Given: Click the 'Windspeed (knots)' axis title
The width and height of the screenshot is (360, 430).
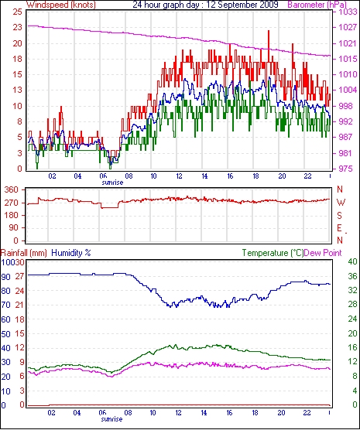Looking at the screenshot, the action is point(61,5).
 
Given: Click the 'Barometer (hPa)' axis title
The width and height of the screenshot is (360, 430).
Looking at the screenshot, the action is point(317,5).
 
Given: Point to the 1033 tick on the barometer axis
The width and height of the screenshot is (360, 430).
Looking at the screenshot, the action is point(348,12).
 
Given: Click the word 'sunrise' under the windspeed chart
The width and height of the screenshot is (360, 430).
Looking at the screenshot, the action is point(112,183).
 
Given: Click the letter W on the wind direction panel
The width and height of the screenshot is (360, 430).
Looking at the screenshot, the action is point(341,203).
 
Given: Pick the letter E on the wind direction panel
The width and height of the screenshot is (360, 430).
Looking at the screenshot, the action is point(339,228).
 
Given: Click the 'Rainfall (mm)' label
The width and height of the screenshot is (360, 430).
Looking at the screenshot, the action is point(24,253).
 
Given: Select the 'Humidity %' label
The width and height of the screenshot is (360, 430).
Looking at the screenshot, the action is point(71,253).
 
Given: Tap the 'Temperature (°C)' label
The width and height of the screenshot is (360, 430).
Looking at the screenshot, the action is point(273,253).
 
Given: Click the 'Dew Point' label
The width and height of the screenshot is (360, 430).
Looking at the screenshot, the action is point(323,253).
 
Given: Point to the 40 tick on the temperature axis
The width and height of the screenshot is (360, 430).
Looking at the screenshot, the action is point(352,261).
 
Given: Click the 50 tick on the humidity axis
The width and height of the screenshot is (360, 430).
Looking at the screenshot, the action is point(6,334).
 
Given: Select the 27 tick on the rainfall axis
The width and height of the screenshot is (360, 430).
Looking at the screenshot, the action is point(19,276).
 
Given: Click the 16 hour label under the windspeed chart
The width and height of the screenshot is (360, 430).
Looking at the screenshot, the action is point(230,176).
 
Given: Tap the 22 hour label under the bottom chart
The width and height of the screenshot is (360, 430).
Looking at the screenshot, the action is point(307,412).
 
